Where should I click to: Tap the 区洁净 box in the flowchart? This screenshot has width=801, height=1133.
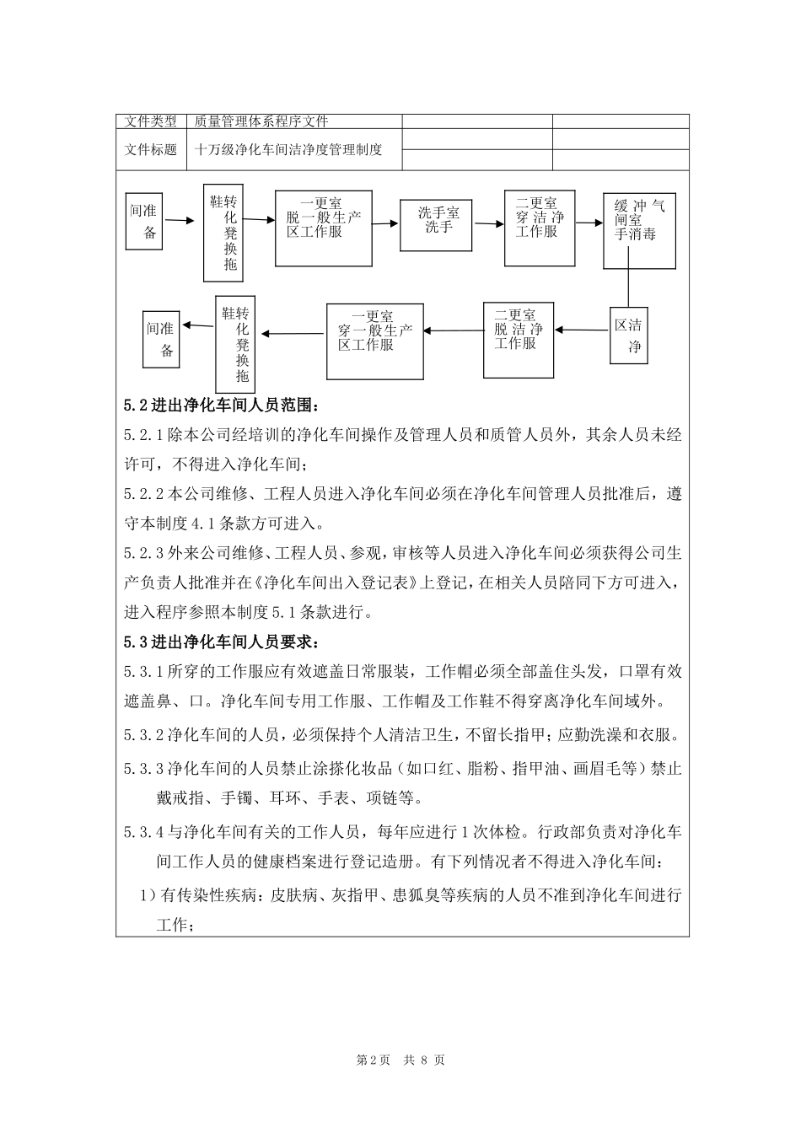(x=629, y=336)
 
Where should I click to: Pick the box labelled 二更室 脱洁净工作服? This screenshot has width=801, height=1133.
(x=519, y=339)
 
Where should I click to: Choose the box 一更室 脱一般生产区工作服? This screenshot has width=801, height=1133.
(x=323, y=226)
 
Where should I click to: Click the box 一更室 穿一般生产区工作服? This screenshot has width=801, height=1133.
(x=375, y=341)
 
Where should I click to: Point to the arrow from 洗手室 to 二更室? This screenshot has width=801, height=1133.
(x=488, y=224)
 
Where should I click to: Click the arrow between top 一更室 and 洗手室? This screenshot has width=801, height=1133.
(x=385, y=223)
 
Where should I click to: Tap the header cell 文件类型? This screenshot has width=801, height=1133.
(x=151, y=121)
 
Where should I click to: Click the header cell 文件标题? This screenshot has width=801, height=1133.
(x=151, y=150)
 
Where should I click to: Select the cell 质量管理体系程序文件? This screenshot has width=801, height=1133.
(x=261, y=121)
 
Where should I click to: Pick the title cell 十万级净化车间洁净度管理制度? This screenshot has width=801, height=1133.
(x=288, y=150)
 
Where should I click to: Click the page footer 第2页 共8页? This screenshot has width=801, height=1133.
(x=400, y=1060)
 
